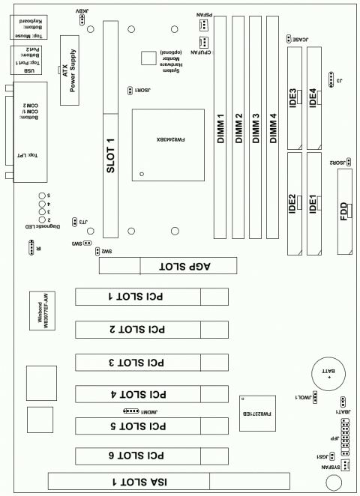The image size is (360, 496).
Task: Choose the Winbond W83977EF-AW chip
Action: pos(43,311)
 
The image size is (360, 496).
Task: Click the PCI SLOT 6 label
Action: pos(139,455)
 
